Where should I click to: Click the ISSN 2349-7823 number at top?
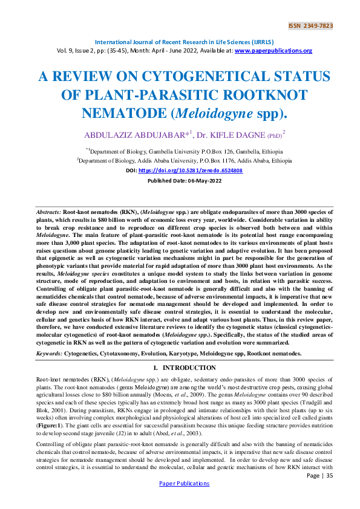[311, 26]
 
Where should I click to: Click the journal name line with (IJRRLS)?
[179, 42]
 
